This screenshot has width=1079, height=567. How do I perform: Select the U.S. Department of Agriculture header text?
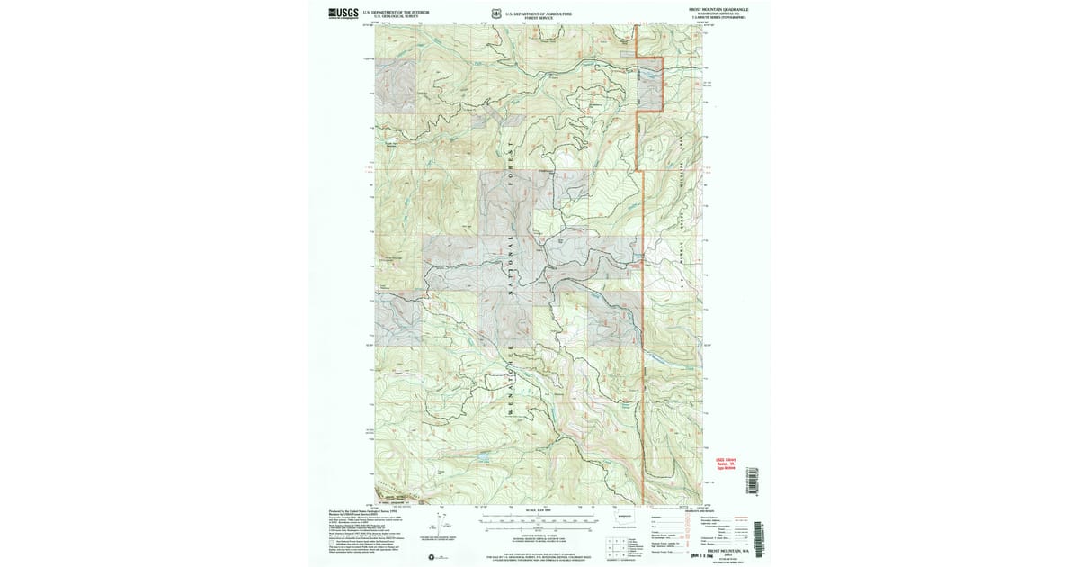pyautogui.click(x=539, y=13)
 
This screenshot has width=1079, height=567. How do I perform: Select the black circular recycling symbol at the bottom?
pyautogui.click(x=439, y=557)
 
